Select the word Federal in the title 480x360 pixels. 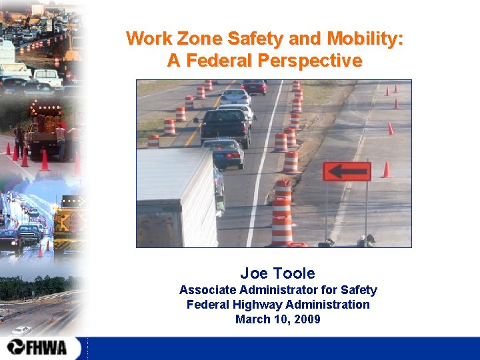tap(217, 61)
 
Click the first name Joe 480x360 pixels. tap(253, 273)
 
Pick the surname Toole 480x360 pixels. tap(293, 273)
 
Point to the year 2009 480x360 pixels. tap(307, 319)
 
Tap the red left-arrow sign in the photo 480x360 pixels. tap(347, 171)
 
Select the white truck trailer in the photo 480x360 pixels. tap(177, 197)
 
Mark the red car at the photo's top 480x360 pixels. tap(253, 86)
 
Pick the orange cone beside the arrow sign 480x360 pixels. tap(386, 169)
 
